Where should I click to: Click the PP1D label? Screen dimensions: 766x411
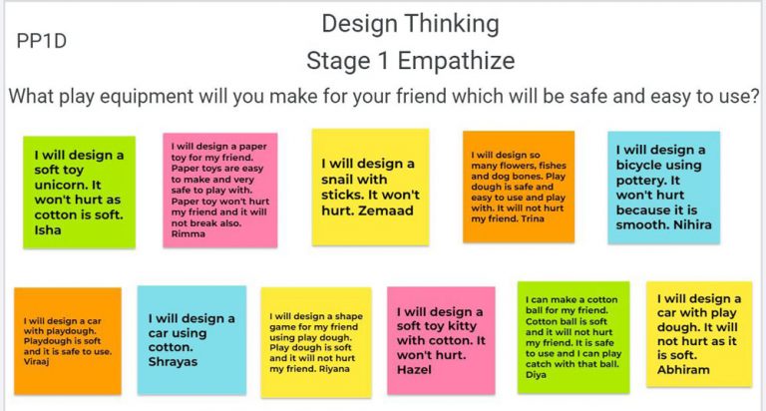[x=42, y=41]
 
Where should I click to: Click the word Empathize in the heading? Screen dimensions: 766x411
[x=456, y=62]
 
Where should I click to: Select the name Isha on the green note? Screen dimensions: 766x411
[x=48, y=229]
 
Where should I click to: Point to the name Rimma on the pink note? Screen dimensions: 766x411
[x=189, y=233]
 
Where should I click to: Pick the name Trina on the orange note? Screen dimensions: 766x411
[x=532, y=218]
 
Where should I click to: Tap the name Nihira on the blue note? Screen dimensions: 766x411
[x=693, y=224]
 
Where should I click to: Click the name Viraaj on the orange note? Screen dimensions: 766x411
[x=36, y=362]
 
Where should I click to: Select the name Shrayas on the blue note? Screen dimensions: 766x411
[x=173, y=362]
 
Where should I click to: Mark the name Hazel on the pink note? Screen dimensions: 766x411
[x=414, y=370]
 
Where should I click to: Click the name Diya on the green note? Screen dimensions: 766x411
[x=536, y=375]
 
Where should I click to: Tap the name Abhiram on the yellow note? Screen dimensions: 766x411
[x=683, y=369]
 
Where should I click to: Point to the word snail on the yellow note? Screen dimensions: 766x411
[x=337, y=180]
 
